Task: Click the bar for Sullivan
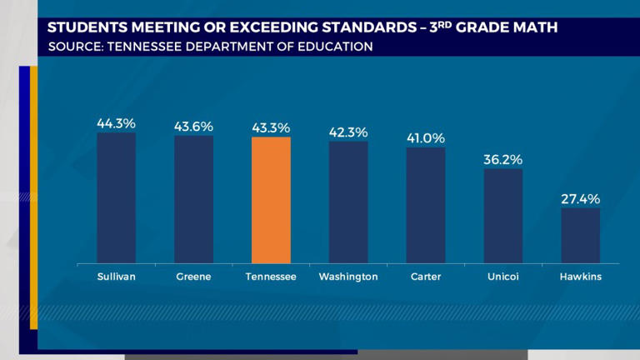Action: pos(116,198)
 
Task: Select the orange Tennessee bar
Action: pos(271,201)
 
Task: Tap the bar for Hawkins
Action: pos(580,236)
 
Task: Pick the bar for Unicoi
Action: pos(503,217)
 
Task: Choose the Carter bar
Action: pos(426,206)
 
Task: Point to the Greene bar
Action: pos(193,200)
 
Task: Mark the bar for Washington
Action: pos(348,202)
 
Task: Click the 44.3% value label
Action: pos(116,123)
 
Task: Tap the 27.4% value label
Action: pos(580,198)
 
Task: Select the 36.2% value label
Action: pos(503,159)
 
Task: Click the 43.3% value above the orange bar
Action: pos(271,127)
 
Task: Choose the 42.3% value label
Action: pos(348,132)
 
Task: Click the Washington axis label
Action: pos(348,276)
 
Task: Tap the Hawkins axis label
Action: pos(580,276)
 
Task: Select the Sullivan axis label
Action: pos(116,276)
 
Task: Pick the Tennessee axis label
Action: pos(271,276)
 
